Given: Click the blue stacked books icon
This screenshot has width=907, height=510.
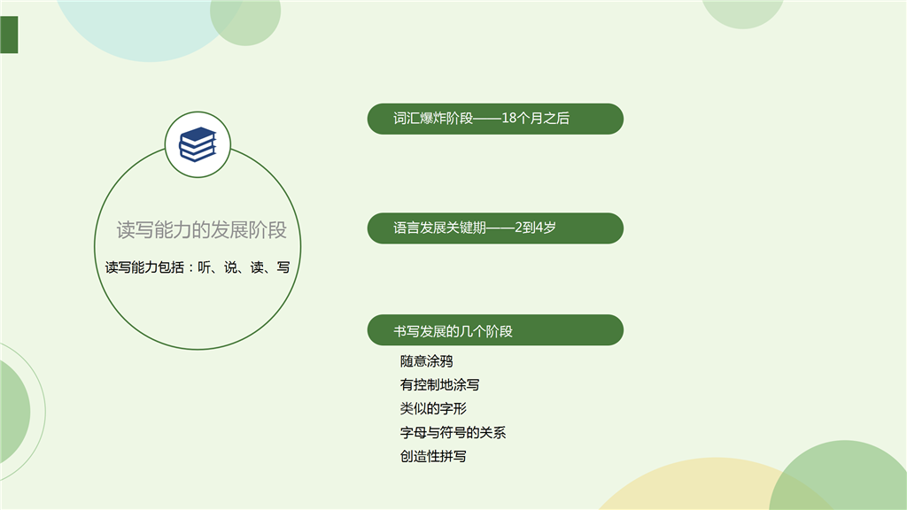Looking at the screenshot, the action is coord(198,144).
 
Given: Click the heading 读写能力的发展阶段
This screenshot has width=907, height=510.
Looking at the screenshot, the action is coord(201,229).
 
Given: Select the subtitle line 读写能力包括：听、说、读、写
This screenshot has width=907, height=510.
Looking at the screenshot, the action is coord(198,267).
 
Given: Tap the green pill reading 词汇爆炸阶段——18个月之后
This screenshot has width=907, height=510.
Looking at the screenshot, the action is coord(495,119).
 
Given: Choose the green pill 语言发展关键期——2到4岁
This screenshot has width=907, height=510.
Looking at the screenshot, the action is coord(495,228).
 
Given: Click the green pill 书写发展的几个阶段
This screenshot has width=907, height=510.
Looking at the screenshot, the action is coord(495,329).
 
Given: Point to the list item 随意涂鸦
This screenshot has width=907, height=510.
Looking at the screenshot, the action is coord(426,361).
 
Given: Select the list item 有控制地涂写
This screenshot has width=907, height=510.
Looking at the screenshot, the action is coord(439,385).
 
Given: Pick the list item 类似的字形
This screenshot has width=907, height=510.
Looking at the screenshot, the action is coord(433,409).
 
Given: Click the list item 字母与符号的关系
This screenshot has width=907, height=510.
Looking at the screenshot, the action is coord(453,432).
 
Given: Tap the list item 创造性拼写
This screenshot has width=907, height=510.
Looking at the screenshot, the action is coord(433,456).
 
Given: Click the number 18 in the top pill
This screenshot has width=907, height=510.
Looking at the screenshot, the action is coord(508,118).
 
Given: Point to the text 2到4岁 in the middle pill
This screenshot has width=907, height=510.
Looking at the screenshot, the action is coord(535,228).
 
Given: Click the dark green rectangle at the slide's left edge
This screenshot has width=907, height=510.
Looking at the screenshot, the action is coord(9,35).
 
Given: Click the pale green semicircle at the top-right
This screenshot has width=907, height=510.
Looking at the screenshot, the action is coord(743,12).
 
